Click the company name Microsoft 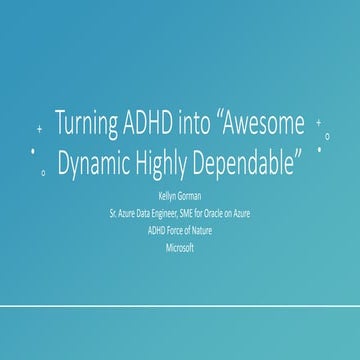pos(180,246)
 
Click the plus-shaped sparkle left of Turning pos(39,130)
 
